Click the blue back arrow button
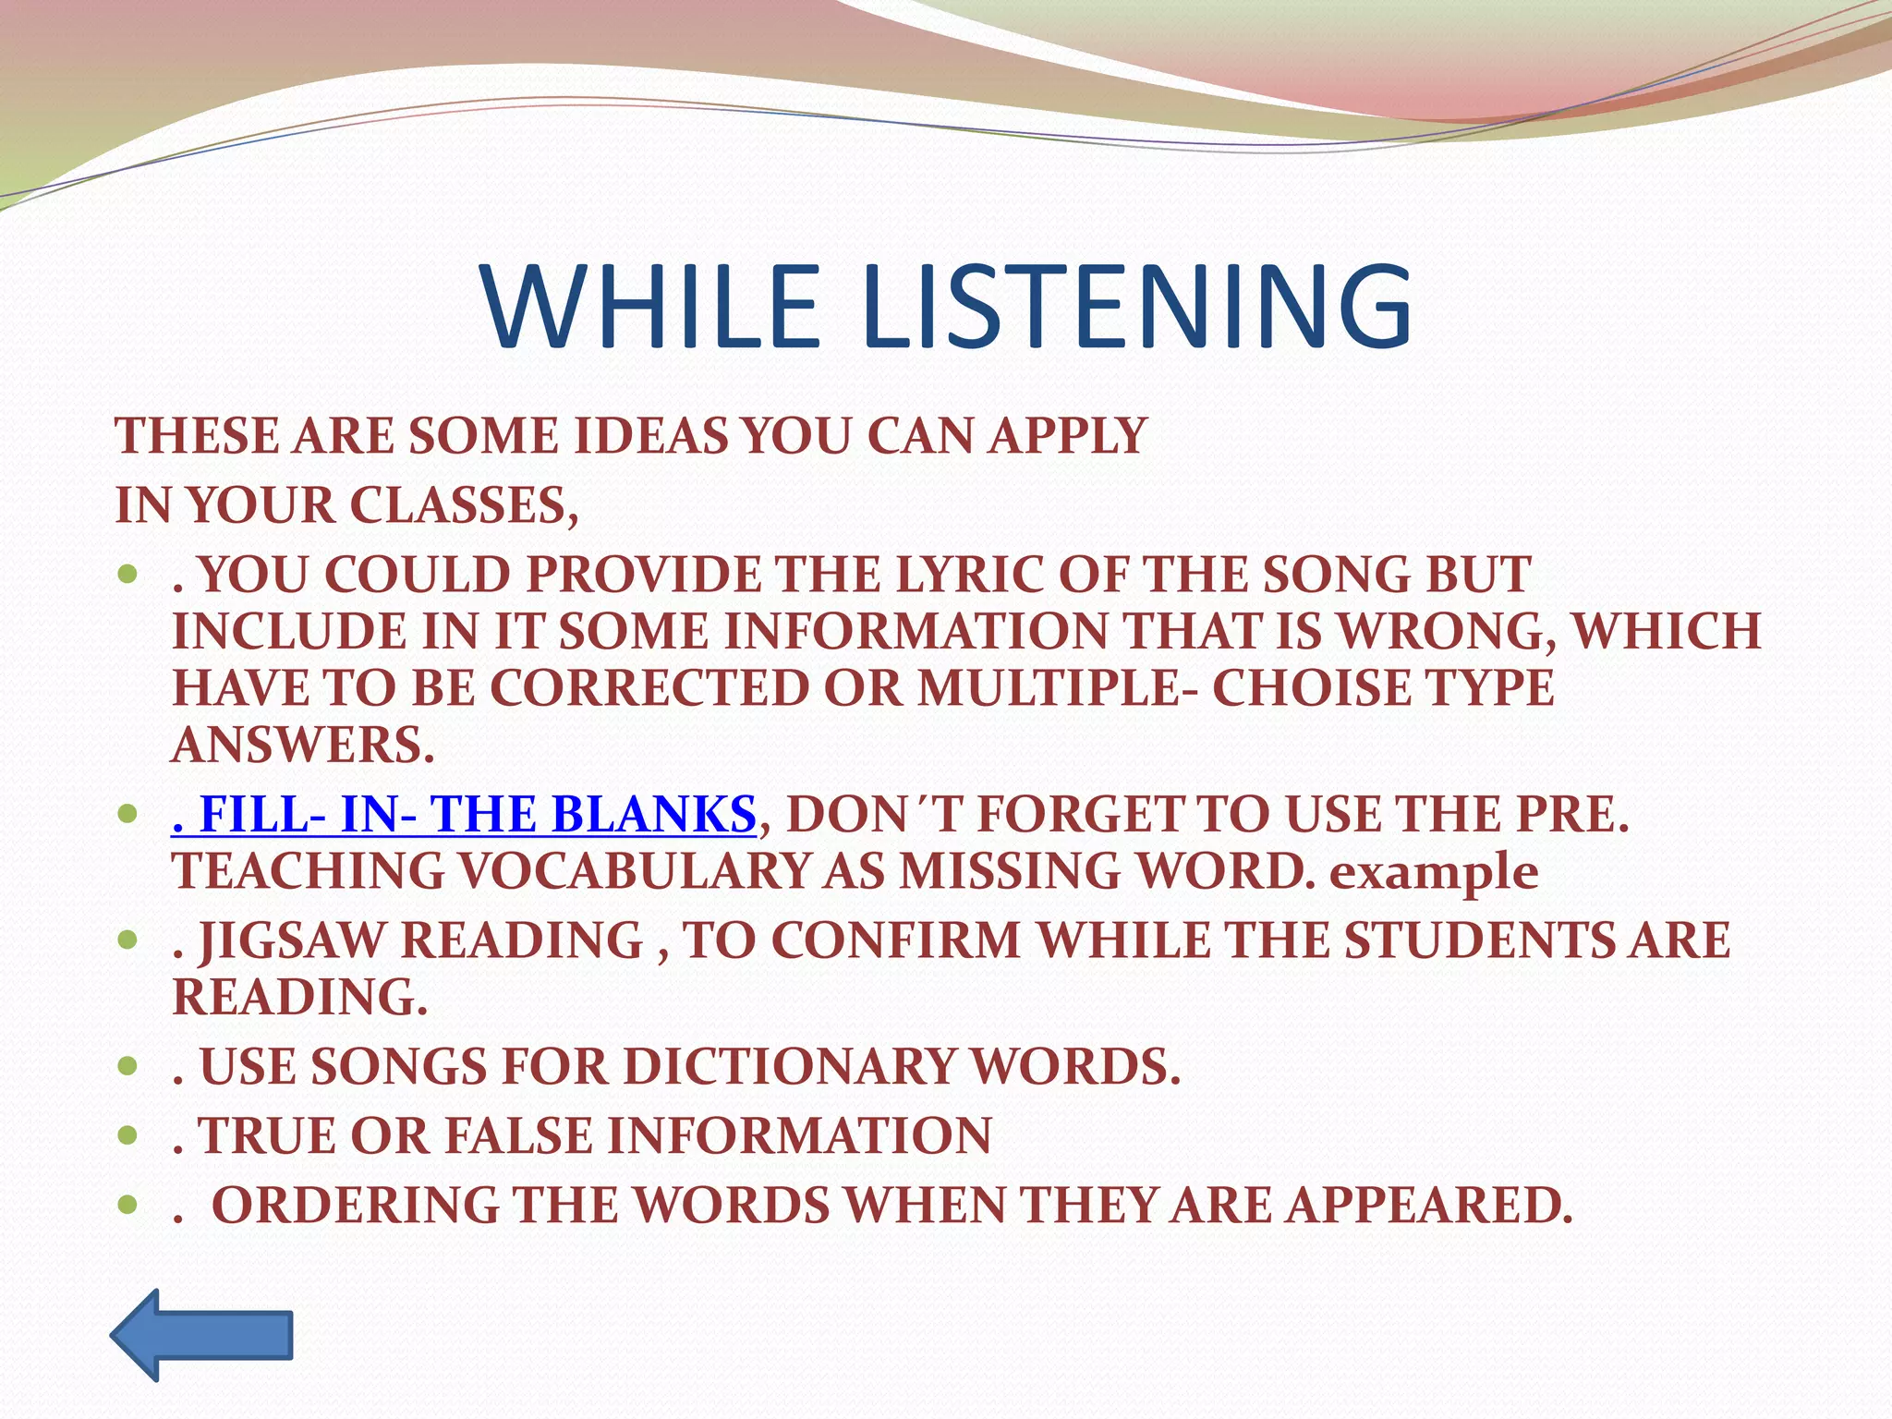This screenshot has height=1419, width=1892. pos(202,1335)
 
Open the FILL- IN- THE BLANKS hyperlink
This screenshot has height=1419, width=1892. pos(464,815)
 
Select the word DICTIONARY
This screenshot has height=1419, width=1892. pos(789,1067)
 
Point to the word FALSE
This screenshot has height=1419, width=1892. pos(517,1136)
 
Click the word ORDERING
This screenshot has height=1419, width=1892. pos(356,1206)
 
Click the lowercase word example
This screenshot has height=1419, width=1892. pos(1434,872)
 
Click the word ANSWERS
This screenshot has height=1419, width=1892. pos(303,746)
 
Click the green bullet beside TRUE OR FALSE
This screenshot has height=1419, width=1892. pos(128,1136)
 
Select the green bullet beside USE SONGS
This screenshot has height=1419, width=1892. pos(128,1067)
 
